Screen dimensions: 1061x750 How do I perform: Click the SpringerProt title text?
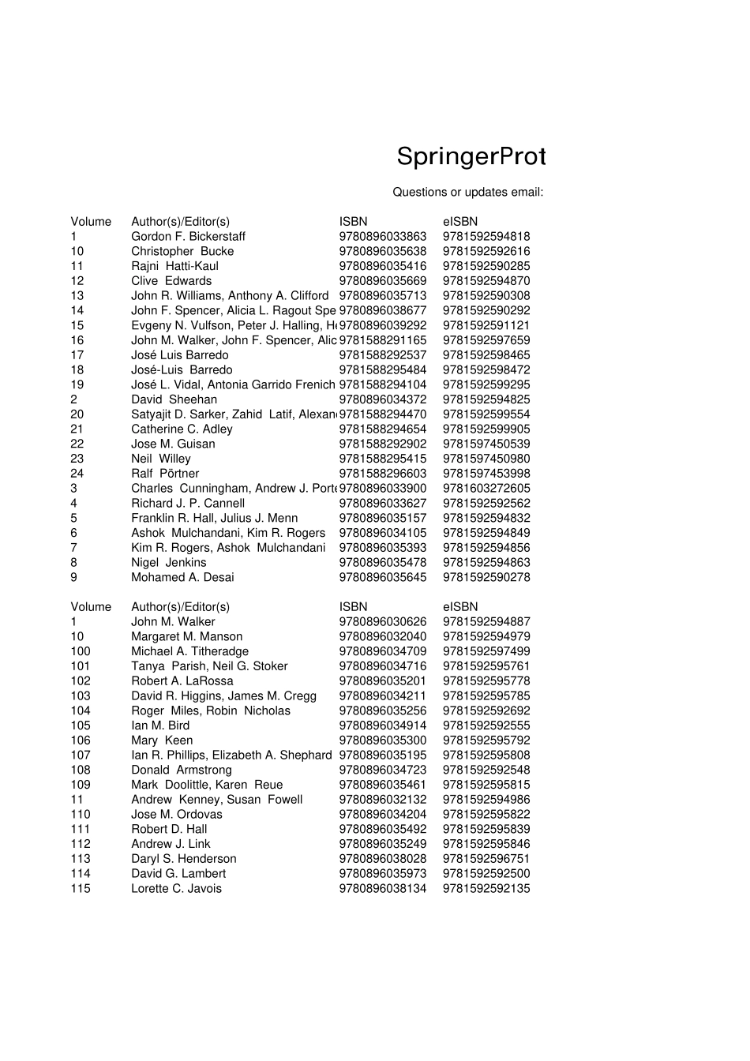click(x=471, y=157)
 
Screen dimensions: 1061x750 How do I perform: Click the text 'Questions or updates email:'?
click(x=467, y=192)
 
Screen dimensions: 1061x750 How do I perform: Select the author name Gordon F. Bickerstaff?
click(x=188, y=236)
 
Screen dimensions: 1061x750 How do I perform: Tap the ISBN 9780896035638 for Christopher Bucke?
click(x=382, y=251)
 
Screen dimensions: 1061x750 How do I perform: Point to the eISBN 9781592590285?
click(x=486, y=266)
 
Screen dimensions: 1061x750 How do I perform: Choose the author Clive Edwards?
click(x=171, y=281)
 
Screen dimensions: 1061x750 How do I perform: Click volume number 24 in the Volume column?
click(x=77, y=474)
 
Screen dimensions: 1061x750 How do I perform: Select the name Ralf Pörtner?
click(x=165, y=474)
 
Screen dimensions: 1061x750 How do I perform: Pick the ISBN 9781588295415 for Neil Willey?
click(x=382, y=459)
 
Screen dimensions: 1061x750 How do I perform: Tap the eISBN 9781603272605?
click(x=486, y=489)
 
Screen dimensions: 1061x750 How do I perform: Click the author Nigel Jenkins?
click(x=168, y=563)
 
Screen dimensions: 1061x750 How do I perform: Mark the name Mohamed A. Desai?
click(x=182, y=577)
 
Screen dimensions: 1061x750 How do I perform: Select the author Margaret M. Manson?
click(x=186, y=636)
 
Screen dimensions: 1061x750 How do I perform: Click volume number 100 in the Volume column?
click(x=81, y=651)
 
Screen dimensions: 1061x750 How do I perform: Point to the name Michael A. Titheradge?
click(x=189, y=651)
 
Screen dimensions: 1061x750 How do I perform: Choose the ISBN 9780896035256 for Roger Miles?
click(x=382, y=710)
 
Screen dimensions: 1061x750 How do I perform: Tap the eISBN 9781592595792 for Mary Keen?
click(x=486, y=740)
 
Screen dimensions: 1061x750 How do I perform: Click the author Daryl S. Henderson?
click(x=183, y=859)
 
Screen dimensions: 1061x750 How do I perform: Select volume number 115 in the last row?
click(x=81, y=889)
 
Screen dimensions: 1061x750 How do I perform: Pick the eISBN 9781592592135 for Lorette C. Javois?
click(x=486, y=889)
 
